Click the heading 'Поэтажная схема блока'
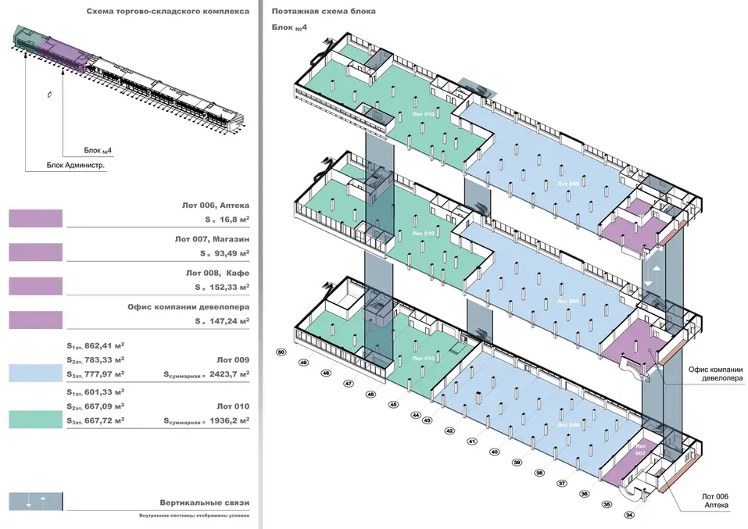[x=324, y=13]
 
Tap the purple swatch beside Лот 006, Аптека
[x=35, y=217]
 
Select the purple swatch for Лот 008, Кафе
[x=35, y=286]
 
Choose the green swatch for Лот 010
[x=35, y=420]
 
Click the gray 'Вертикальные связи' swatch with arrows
[x=35, y=501]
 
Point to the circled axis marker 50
[x=281, y=353]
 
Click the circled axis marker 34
[x=630, y=514]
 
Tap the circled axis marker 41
[x=472, y=441]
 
